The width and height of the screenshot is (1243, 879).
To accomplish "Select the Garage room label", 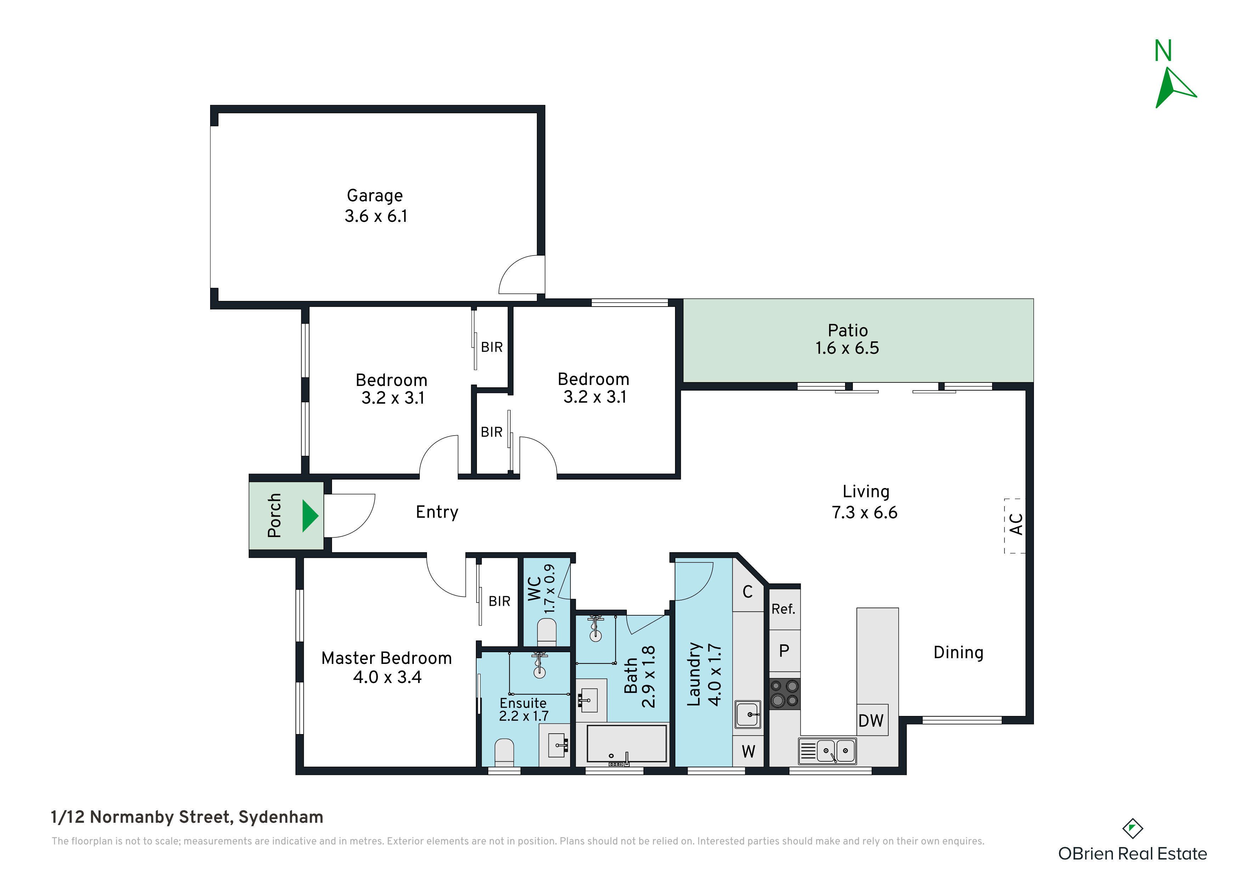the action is tap(375, 196).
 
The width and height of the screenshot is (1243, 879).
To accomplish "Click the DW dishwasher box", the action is tap(872, 720).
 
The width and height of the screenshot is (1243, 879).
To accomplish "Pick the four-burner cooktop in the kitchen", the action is tap(784, 694).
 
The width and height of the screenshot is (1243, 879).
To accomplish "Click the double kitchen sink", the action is tap(828, 751).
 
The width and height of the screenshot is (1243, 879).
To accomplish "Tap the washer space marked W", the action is tap(748, 751).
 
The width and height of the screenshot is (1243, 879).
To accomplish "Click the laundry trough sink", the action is tap(748, 714).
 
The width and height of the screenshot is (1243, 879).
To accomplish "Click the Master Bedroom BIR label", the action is tap(499, 601).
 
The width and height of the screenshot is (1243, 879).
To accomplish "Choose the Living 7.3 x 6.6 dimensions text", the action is tap(865, 513).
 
